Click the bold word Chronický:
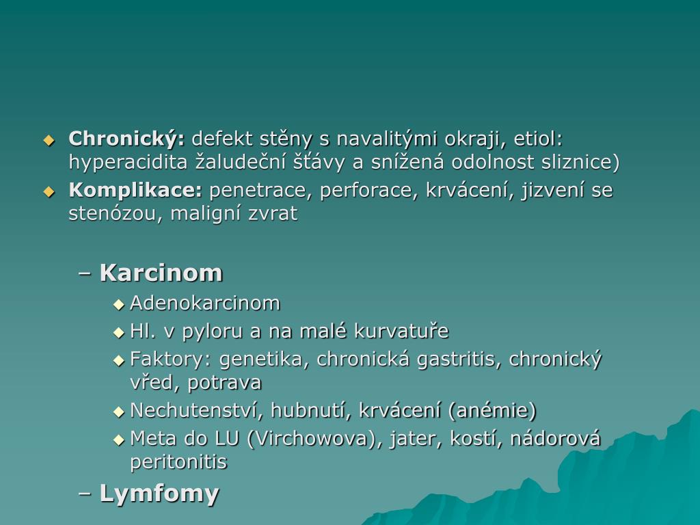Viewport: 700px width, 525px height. click(x=126, y=139)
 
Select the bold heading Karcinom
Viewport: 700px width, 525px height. click(x=161, y=272)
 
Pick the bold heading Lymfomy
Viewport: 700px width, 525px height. click(x=159, y=494)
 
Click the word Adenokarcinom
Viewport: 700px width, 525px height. click(x=205, y=303)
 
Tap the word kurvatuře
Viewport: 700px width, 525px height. click(x=401, y=331)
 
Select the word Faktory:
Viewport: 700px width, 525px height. click(x=170, y=360)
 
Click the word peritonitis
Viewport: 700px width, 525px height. click(x=178, y=461)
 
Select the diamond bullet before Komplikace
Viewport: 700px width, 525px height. click(x=49, y=192)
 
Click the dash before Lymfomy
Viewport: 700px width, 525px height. click(x=84, y=494)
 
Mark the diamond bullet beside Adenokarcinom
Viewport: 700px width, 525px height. click(x=119, y=305)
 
